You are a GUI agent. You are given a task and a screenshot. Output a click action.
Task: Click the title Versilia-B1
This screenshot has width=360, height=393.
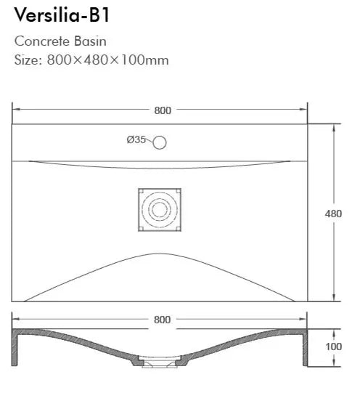62,15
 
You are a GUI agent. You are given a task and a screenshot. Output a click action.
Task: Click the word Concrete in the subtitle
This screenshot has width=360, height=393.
42,41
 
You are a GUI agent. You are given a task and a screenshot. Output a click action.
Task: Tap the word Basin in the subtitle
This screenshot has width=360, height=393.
90,41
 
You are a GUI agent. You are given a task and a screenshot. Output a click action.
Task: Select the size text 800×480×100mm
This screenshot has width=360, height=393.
107,60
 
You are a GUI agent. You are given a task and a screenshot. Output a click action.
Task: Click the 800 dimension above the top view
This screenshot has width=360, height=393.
163,110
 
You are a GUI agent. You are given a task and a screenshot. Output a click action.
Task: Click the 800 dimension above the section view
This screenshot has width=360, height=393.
163,320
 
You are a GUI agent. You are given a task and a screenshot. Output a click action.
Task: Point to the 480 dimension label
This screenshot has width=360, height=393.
333,214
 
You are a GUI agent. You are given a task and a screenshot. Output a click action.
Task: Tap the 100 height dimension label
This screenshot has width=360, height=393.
333,347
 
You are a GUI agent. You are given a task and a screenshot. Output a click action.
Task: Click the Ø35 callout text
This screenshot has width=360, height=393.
136,139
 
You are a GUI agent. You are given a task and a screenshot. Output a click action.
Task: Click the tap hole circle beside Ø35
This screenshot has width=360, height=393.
160,142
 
